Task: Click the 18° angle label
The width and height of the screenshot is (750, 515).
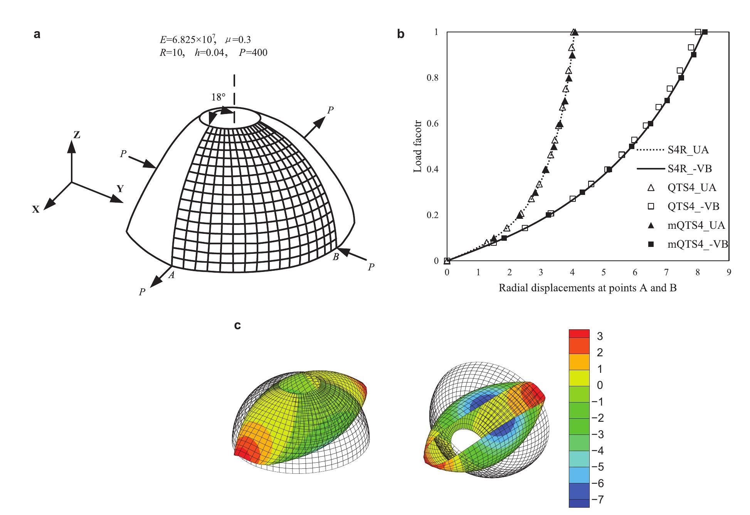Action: pyautogui.click(x=218, y=97)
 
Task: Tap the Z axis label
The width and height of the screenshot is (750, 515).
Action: pyautogui.click(x=77, y=135)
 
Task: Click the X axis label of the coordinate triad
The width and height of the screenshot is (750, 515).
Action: pyautogui.click(x=36, y=210)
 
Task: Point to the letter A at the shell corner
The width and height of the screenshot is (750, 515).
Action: pyautogui.click(x=172, y=275)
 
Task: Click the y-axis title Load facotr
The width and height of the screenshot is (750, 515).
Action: pyautogui.click(x=418, y=146)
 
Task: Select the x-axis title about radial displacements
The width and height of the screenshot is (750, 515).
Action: pyautogui.click(x=587, y=288)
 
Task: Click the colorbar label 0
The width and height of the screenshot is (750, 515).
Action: pyautogui.click(x=599, y=386)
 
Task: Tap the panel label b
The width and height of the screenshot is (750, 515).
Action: pyautogui.click(x=401, y=34)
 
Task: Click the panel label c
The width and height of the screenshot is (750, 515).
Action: pyautogui.click(x=238, y=325)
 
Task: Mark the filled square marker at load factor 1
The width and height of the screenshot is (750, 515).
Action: pyautogui.click(x=705, y=32)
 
